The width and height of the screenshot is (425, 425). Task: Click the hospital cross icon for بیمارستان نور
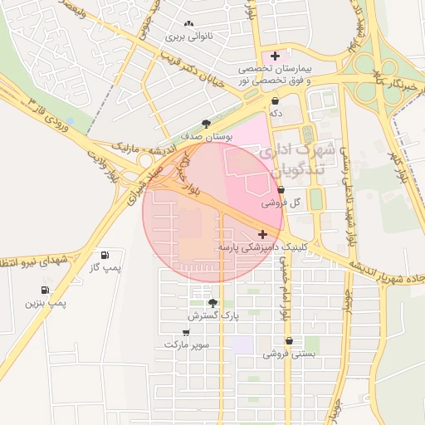[x=276, y=56]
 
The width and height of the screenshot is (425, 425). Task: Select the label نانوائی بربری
[x=189, y=37]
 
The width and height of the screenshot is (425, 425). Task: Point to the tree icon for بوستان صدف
[x=207, y=123]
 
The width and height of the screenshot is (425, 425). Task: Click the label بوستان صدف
[x=207, y=135]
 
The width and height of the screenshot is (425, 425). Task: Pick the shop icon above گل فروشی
[x=281, y=190]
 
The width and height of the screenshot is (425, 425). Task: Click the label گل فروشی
[x=281, y=203]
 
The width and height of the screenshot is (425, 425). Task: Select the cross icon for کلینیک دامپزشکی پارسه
[x=263, y=235]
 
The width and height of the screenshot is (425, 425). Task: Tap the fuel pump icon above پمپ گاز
[x=105, y=255]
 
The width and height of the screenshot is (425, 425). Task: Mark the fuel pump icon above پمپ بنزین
[x=43, y=291]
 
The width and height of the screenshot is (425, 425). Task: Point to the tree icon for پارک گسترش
[x=212, y=303]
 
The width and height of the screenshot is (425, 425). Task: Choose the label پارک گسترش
[x=212, y=315]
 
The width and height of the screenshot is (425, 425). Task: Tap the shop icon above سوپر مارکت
[x=186, y=331]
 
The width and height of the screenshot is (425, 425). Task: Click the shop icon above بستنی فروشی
[x=289, y=341]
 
